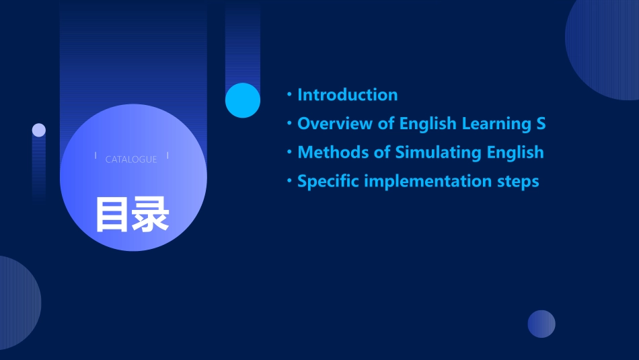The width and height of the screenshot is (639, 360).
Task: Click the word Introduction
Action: (x=347, y=95)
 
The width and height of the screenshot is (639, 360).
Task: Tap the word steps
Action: (x=518, y=182)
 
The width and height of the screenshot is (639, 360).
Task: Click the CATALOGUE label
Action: (x=131, y=159)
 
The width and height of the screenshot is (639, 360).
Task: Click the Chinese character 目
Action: (x=112, y=215)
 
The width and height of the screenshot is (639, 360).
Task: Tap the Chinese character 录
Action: (x=151, y=215)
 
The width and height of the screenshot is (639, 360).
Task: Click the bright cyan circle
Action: (x=243, y=100)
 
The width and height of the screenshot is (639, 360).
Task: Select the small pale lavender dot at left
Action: (x=39, y=130)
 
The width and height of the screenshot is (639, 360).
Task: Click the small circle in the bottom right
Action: (x=541, y=324)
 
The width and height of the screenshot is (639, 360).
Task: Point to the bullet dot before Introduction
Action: (x=289, y=95)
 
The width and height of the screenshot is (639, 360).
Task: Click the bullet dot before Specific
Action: (x=289, y=182)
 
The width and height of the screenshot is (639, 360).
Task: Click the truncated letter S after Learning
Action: (x=541, y=124)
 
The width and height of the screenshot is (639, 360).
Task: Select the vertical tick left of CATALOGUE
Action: (x=96, y=155)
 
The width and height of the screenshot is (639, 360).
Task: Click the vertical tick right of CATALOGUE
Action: (x=167, y=155)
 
